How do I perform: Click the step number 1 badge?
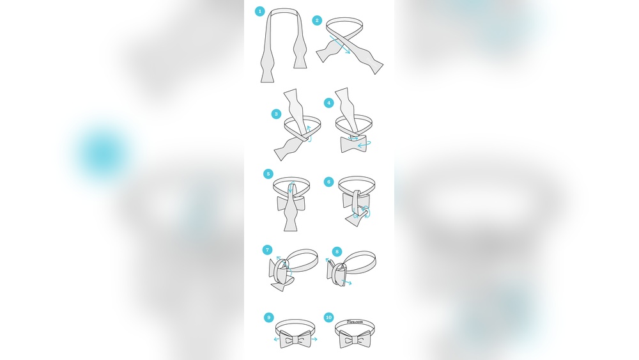point(259,12)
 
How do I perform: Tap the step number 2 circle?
point(317,20)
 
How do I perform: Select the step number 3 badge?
point(276,114)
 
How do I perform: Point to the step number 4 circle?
point(329,103)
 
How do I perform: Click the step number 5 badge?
point(268,174)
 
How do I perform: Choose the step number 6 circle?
point(329,182)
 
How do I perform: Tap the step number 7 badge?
point(267,250)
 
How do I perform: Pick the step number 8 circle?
point(337,251)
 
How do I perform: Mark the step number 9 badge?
point(268,318)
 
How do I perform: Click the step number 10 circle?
point(329,317)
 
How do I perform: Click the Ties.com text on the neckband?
point(355,322)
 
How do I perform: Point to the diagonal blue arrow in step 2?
point(340,44)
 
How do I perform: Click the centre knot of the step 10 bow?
point(355,339)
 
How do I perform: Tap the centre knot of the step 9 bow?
point(295,339)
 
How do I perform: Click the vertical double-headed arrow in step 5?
point(290,188)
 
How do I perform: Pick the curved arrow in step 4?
point(364,144)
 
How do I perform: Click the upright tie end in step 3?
point(296,111)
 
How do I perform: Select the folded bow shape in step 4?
point(353,144)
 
